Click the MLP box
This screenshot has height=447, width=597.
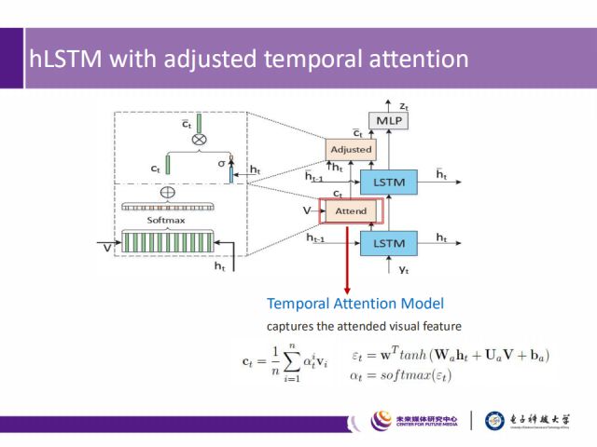pyautogui.click(x=385, y=120)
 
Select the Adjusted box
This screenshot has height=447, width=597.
pyautogui.click(x=351, y=149)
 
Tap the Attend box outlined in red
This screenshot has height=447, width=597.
pyautogui.click(x=351, y=210)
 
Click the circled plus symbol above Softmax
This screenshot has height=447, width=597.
pyautogui.click(x=168, y=192)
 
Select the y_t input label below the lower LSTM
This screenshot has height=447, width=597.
pyautogui.click(x=392, y=269)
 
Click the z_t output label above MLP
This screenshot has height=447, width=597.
pyautogui.click(x=402, y=105)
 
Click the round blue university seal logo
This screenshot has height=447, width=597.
pyautogui.click(x=495, y=421)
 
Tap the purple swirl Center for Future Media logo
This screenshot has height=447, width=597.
pyautogui.click(x=382, y=421)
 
